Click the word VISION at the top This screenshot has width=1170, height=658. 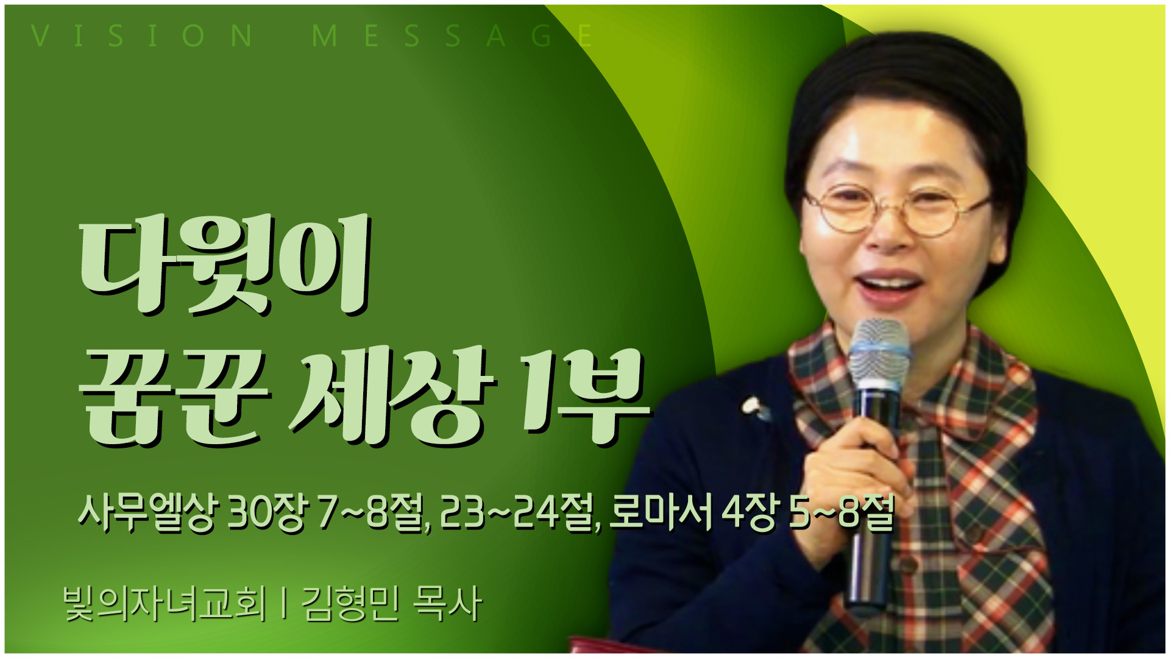click(141, 36)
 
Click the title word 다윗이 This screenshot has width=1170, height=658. click(225, 265)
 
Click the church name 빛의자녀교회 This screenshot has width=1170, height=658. click(165, 604)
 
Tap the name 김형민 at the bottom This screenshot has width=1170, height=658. click(350, 604)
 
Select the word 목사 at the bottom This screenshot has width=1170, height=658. click(447, 604)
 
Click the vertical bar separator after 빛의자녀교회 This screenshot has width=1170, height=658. click(283, 604)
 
